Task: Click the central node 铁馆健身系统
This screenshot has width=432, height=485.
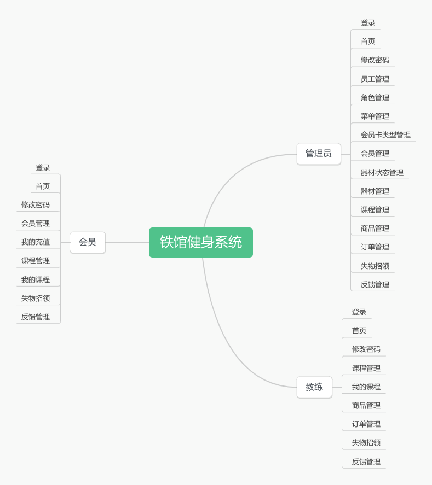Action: coord(200,242)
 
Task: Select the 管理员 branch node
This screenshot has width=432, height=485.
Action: coord(318,154)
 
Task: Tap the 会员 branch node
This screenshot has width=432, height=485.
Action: coord(87,242)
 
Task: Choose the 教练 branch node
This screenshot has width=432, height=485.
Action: coord(314,387)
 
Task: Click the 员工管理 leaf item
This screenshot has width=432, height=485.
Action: coord(375,79)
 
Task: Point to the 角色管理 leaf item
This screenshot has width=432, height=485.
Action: coord(375,98)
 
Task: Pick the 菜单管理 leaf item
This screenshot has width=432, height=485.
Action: coord(375,116)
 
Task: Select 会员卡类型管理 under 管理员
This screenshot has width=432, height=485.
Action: coord(385,135)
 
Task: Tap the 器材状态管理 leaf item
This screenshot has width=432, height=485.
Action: coord(382,173)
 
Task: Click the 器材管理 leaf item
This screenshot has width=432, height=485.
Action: coord(375,191)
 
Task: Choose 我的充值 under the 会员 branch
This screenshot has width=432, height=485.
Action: coord(36,242)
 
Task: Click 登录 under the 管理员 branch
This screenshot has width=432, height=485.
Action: coord(367,23)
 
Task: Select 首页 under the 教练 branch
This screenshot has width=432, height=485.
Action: coord(359,331)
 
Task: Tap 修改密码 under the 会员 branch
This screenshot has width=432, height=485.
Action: coord(36,205)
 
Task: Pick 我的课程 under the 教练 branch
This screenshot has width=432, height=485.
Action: coord(366,387)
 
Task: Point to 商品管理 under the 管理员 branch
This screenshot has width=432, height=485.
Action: coord(375,229)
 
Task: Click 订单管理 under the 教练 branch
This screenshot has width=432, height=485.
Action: coord(366,424)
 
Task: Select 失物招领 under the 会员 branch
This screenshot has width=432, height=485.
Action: coord(36,299)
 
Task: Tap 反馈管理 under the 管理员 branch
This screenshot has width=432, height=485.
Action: coord(375,285)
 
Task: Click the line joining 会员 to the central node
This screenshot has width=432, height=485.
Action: coord(127,242)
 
